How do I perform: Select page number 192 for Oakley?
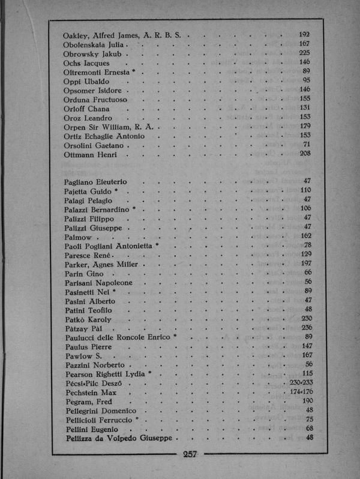(x=304, y=34)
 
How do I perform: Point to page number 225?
(x=304, y=53)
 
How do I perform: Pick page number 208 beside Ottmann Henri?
(x=304, y=154)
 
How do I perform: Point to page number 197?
(x=305, y=264)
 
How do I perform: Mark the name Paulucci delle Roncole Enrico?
(x=117, y=337)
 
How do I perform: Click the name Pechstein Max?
(x=91, y=392)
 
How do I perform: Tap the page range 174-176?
(x=302, y=391)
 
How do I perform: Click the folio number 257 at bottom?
(x=190, y=454)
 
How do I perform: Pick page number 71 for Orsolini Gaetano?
(x=306, y=145)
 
